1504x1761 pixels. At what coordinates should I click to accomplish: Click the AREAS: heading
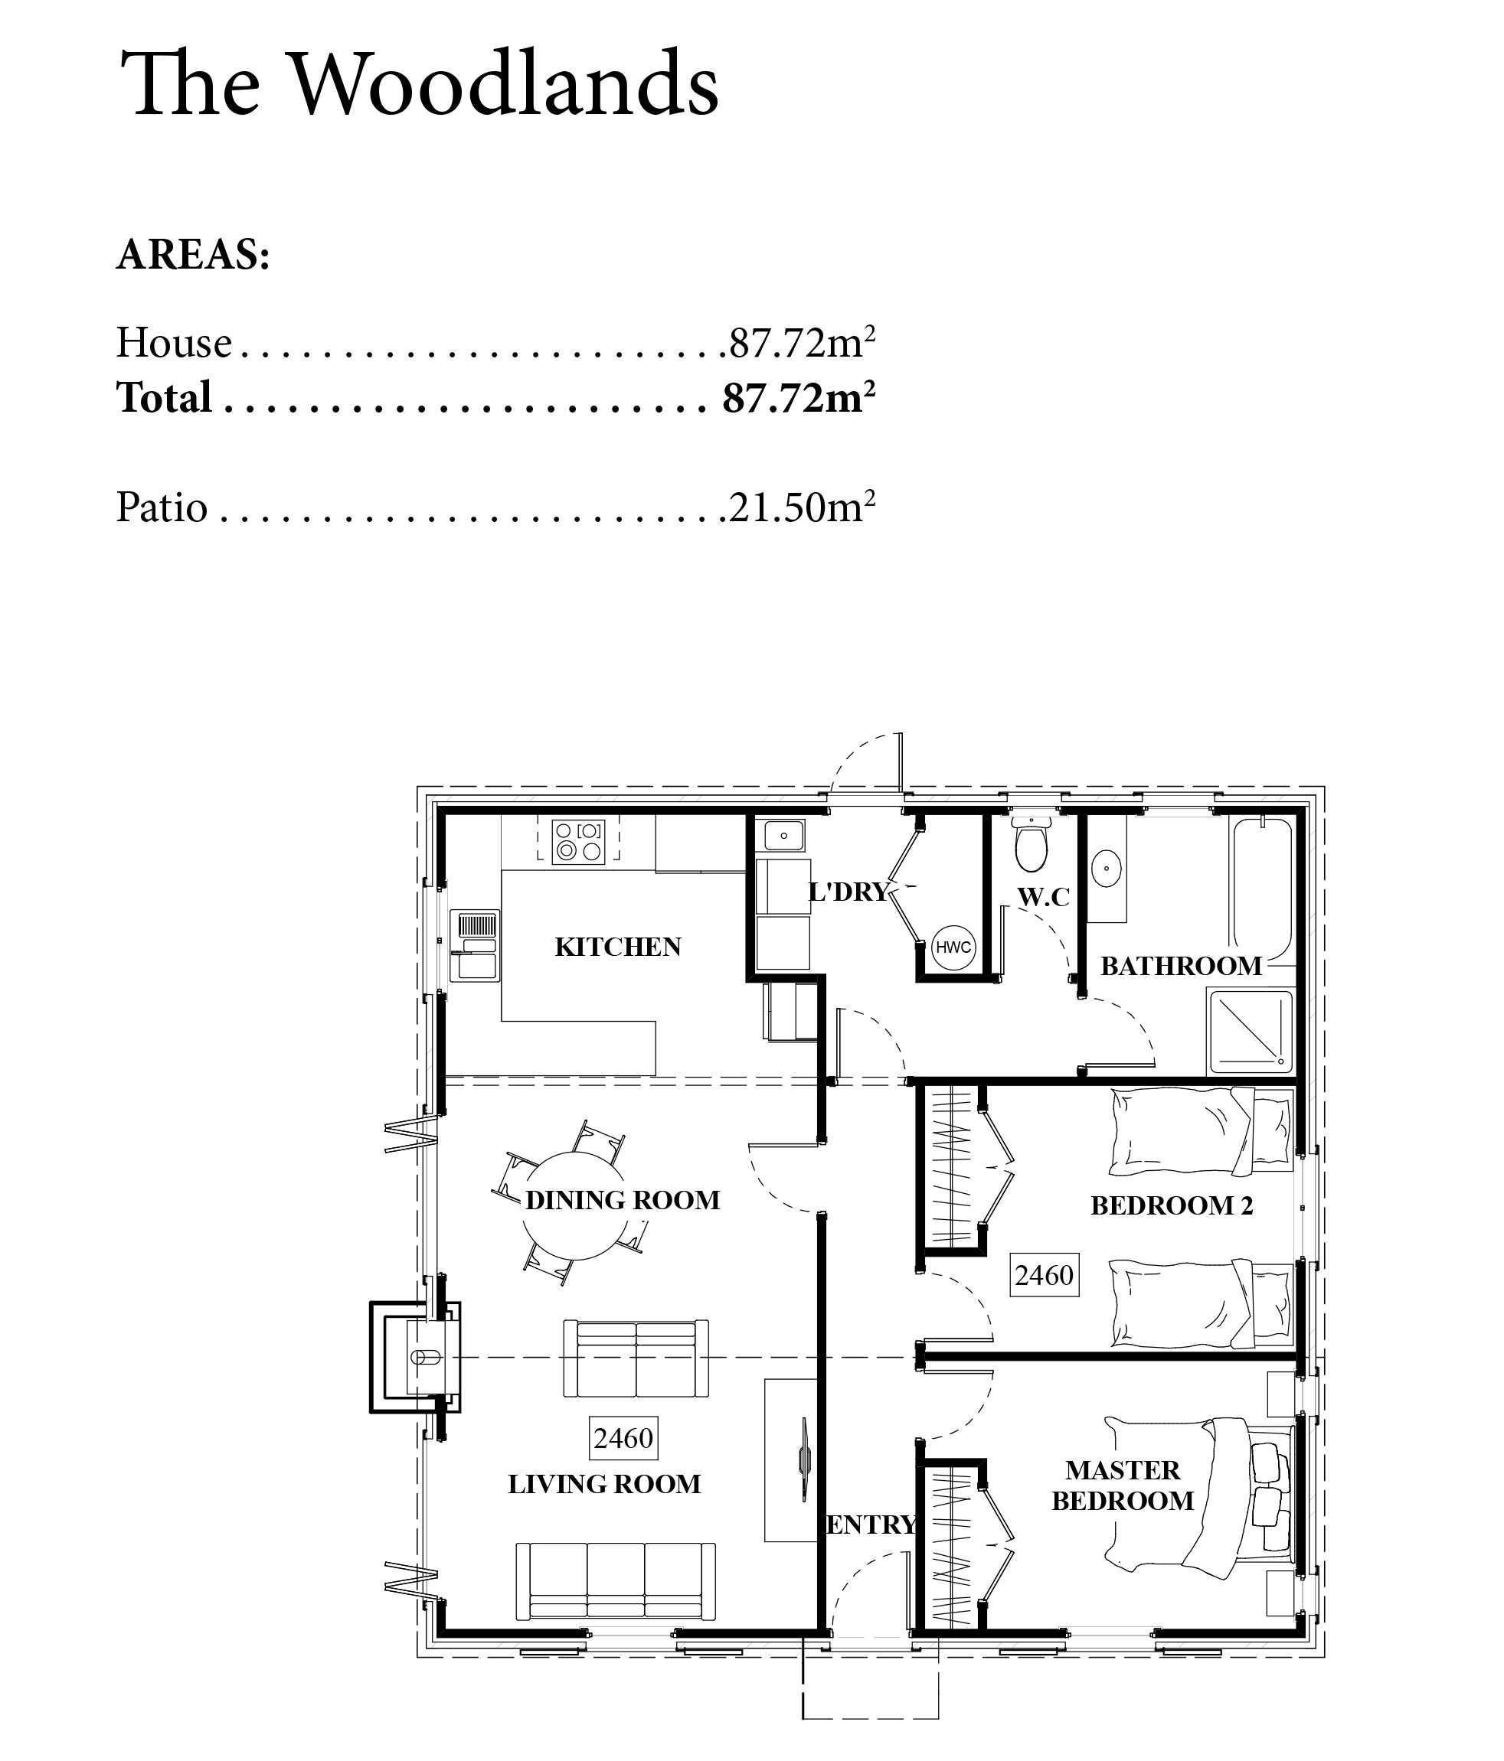click(193, 254)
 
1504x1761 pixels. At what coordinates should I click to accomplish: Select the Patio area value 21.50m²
click(802, 507)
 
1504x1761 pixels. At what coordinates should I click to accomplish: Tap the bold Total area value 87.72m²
click(799, 397)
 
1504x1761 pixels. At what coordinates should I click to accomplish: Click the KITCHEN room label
click(618, 947)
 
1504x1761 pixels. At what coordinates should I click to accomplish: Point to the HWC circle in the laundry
click(953, 947)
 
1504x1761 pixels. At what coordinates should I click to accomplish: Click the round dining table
click(573, 1205)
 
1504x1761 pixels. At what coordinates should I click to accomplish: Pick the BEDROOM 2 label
click(1172, 1205)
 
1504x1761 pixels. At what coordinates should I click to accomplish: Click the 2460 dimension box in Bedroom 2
click(1044, 1274)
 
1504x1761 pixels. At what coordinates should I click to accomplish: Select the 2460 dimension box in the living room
click(623, 1437)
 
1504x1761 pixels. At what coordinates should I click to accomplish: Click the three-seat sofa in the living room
click(616, 1582)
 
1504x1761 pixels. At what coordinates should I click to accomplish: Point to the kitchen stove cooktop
click(577, 840)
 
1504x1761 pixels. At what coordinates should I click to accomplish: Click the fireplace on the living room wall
click(415, 1358)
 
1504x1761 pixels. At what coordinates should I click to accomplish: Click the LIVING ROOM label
click(604, 1484)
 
